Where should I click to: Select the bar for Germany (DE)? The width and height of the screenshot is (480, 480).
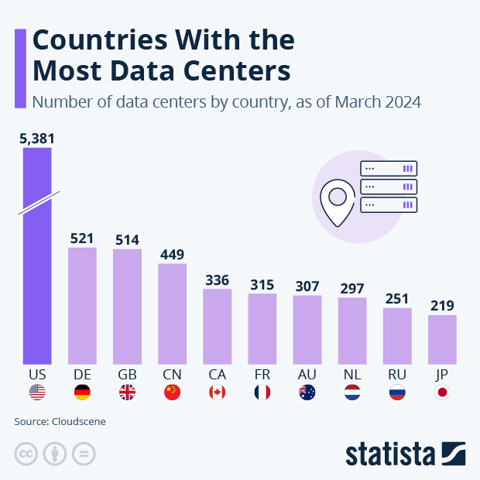click(82, 306)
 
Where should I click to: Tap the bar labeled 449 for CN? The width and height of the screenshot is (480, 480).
click(172, 314)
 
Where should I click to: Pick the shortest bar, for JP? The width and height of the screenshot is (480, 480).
click(442, 339)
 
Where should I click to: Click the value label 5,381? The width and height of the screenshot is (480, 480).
click(37, 139)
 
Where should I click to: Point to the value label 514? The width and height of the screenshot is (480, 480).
click(127, 239)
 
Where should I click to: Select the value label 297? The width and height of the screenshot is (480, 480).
click(352, 288)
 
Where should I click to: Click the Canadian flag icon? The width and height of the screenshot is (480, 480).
click(218, 393)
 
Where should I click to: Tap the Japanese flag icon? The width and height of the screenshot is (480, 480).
click(442, 393)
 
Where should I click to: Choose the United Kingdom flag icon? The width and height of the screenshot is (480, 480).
click(127, 393)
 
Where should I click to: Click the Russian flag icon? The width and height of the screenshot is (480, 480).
click(397, 393)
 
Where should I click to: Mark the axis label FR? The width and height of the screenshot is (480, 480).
click(262, 374)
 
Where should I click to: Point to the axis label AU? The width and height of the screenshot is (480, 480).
click(307, 374)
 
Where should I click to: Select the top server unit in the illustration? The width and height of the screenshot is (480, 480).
click(389, 168)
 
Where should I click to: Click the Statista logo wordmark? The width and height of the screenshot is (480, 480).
click(391, 454)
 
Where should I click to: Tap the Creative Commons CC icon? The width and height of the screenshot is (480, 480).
click(26, 454)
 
